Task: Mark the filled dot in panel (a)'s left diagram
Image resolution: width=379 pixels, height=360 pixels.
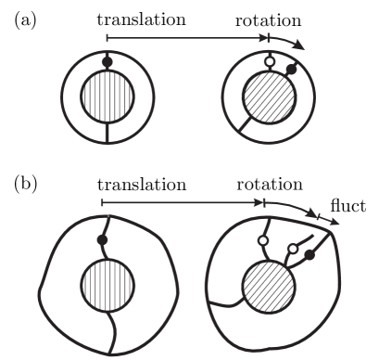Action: click(x=107, y=61)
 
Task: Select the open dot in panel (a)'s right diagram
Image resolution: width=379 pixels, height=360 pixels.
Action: click(x=271, y=63)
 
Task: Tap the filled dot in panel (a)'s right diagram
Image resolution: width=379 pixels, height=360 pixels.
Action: click(x=292, y=69)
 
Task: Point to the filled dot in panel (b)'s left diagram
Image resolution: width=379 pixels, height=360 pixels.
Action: click(x=102, y=240)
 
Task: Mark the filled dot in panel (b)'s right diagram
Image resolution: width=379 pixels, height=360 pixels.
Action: click(x=310, y=253)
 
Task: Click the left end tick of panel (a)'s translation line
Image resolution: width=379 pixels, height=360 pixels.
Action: click(x=107, y=38)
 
